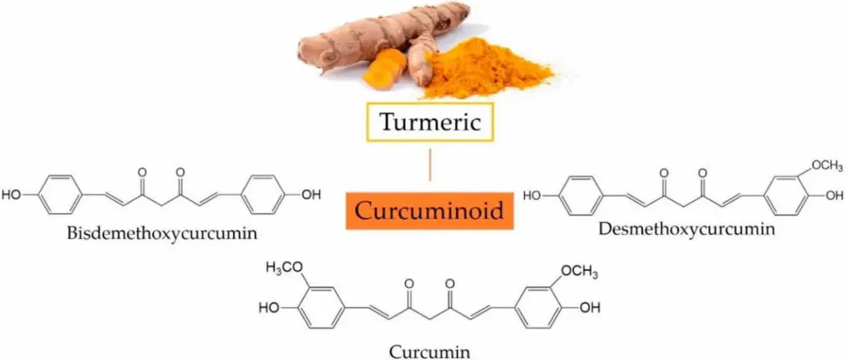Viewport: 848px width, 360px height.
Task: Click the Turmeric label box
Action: pyautogui.click(x=430, y=122)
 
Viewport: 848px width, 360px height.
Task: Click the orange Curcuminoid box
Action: pyautogui.click(x=430, y=210)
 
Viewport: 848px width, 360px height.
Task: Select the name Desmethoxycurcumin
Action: pyautogui.click(x=687, y=227)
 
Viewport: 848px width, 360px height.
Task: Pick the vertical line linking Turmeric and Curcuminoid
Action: pyautogui.click(x=430, y=165)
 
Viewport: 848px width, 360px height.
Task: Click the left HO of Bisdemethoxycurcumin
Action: pyautogui.click(x=13, y=195)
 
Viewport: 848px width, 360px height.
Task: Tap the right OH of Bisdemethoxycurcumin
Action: pyautogui.click(x=310, y=195)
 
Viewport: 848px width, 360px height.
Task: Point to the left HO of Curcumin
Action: pyautogui.click(x=269, y=307)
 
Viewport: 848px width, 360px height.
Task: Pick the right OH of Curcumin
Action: pyautogui.click(x=590, y=307)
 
